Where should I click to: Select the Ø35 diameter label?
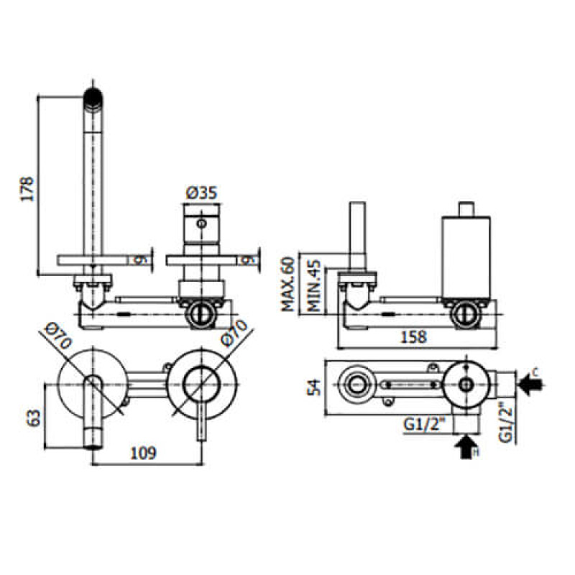[x=201, y=193]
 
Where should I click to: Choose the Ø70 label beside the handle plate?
[x=234, y=335]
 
